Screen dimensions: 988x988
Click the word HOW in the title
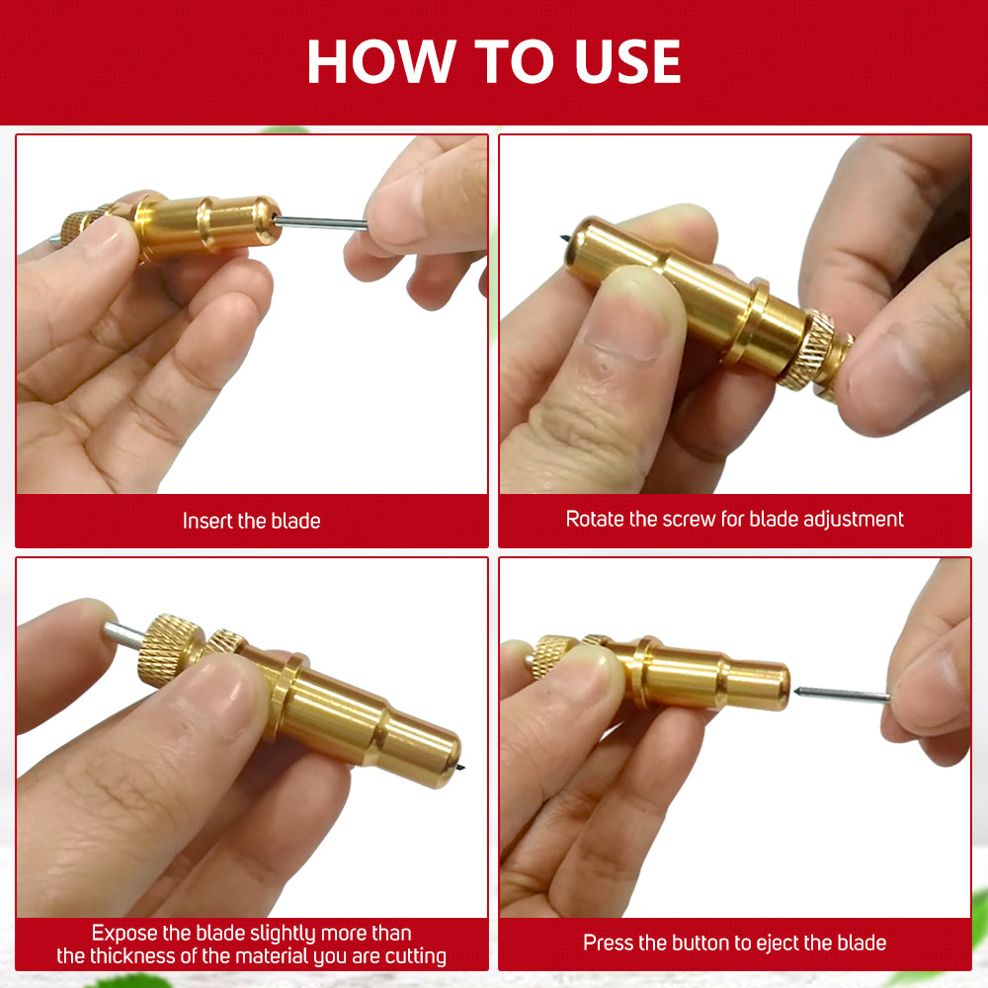pos(381,61)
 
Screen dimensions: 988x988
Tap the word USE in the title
pos(627,61)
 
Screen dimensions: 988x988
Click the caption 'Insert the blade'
pos(251,521)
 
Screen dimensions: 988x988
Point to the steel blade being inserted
pos(321,221)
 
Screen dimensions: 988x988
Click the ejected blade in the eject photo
pos(842,694)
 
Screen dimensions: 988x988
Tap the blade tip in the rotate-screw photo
pos(564,237)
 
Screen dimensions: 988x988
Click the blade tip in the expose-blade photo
pos(461,767)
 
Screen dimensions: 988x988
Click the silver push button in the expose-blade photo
pos(123,634)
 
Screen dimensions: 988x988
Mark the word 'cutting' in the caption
pos(415,956)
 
